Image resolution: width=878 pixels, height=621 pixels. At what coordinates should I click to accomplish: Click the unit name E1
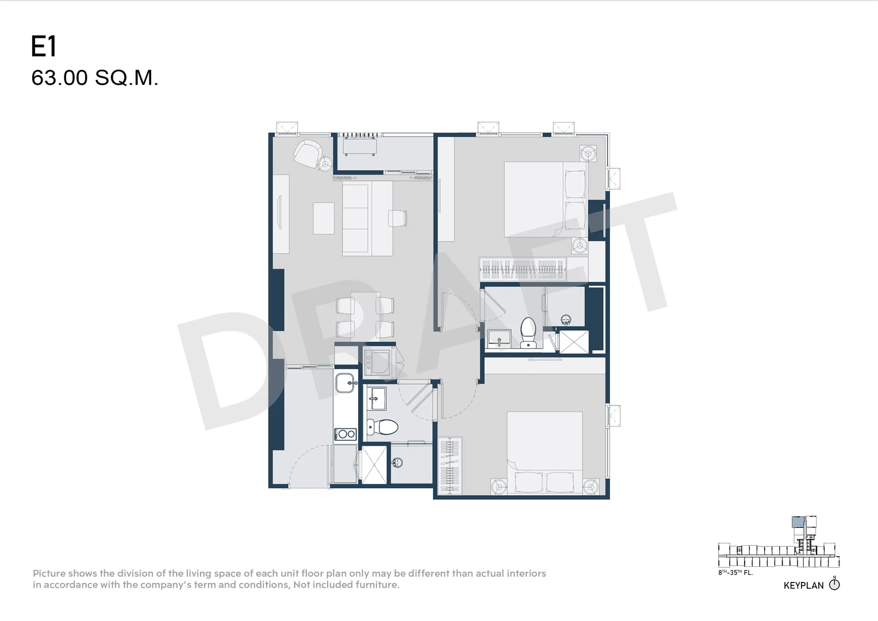coord(44,46)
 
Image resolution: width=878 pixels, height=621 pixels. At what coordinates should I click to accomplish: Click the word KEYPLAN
coord(803,586)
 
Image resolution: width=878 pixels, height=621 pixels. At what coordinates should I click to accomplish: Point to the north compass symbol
coord(834,585)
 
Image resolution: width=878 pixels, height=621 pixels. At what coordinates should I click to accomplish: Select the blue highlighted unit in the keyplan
coord(798,522)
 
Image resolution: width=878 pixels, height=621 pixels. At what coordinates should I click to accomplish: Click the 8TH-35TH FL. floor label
coord(736,572)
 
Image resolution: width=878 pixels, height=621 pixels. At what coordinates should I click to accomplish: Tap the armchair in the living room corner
coord(308,154)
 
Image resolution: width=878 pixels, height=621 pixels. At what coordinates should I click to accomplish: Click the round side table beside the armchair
coord(325,163)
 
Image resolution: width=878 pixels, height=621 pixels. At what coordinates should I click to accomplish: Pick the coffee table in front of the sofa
coord(323,218)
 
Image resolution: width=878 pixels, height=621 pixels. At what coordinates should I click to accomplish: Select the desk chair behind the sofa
coord(397,218)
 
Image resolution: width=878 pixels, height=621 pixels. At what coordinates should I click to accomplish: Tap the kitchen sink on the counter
coord(346,382)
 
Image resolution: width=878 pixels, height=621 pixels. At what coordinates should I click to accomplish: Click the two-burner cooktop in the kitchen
coord(346,434)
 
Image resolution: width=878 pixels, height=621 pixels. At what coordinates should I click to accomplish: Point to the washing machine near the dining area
coord(377,363)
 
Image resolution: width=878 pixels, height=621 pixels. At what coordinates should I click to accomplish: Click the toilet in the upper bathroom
coord(528,332)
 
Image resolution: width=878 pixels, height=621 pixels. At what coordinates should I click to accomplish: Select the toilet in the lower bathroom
coord(382,427)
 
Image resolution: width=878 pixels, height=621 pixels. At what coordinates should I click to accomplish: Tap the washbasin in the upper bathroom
coord(499,338)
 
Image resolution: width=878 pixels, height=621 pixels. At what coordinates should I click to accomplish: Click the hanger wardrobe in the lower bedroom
coord(450,466)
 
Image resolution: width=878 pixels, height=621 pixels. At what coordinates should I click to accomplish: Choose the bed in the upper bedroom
coord(546,200)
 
